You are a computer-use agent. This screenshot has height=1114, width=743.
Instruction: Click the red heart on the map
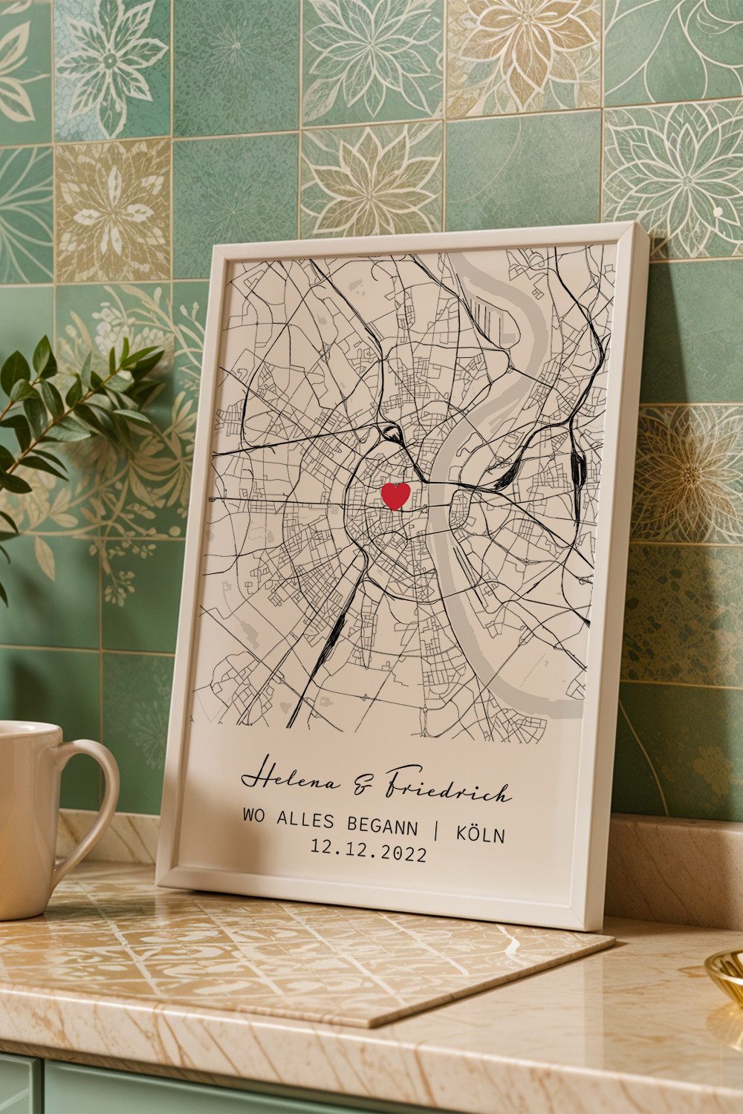point(395,495)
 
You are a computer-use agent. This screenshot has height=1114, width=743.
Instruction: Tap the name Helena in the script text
point(290,780)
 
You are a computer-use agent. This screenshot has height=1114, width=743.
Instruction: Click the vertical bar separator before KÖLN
point(437,830)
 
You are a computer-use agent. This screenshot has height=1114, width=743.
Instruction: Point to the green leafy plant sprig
point(59,416)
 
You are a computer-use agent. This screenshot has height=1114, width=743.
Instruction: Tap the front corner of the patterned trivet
point(371,1025)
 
